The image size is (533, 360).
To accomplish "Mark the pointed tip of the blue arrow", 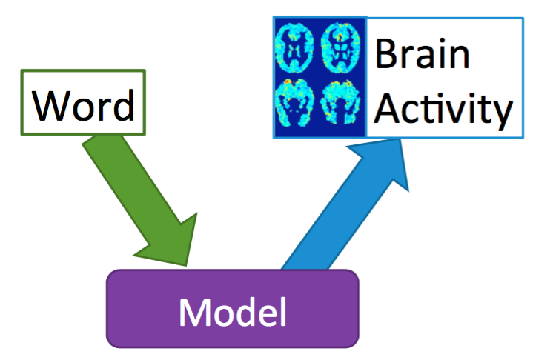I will tap(404, 141).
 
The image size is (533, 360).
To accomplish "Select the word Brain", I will tap(423, 56).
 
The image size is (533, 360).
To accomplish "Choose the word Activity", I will tap(442, 110).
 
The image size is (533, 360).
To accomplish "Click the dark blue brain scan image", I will tap(320, 78).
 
